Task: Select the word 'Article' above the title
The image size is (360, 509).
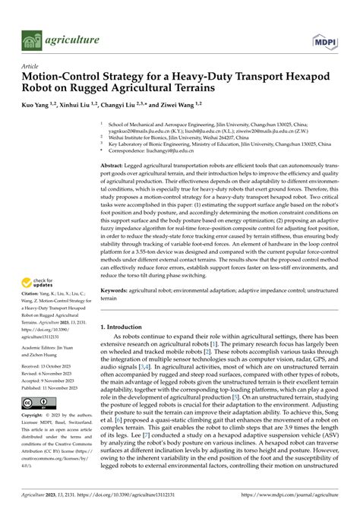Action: click(x=30, y=66)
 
